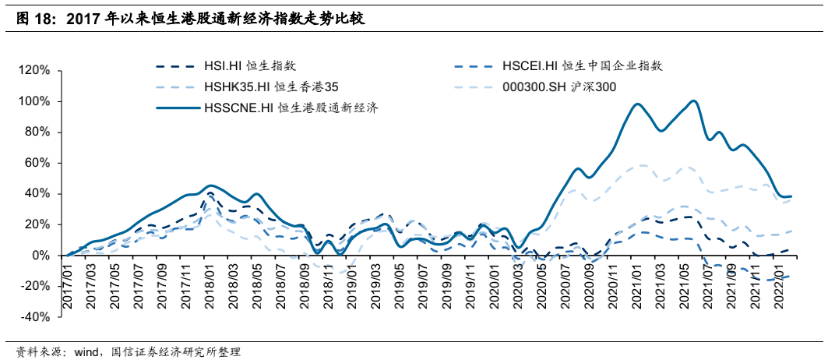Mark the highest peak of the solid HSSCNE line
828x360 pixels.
692,101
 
